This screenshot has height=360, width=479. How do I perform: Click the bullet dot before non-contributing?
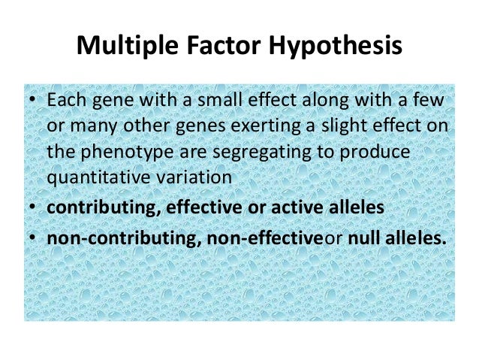coord(32,235)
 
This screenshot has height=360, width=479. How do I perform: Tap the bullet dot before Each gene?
coord(32,101)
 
